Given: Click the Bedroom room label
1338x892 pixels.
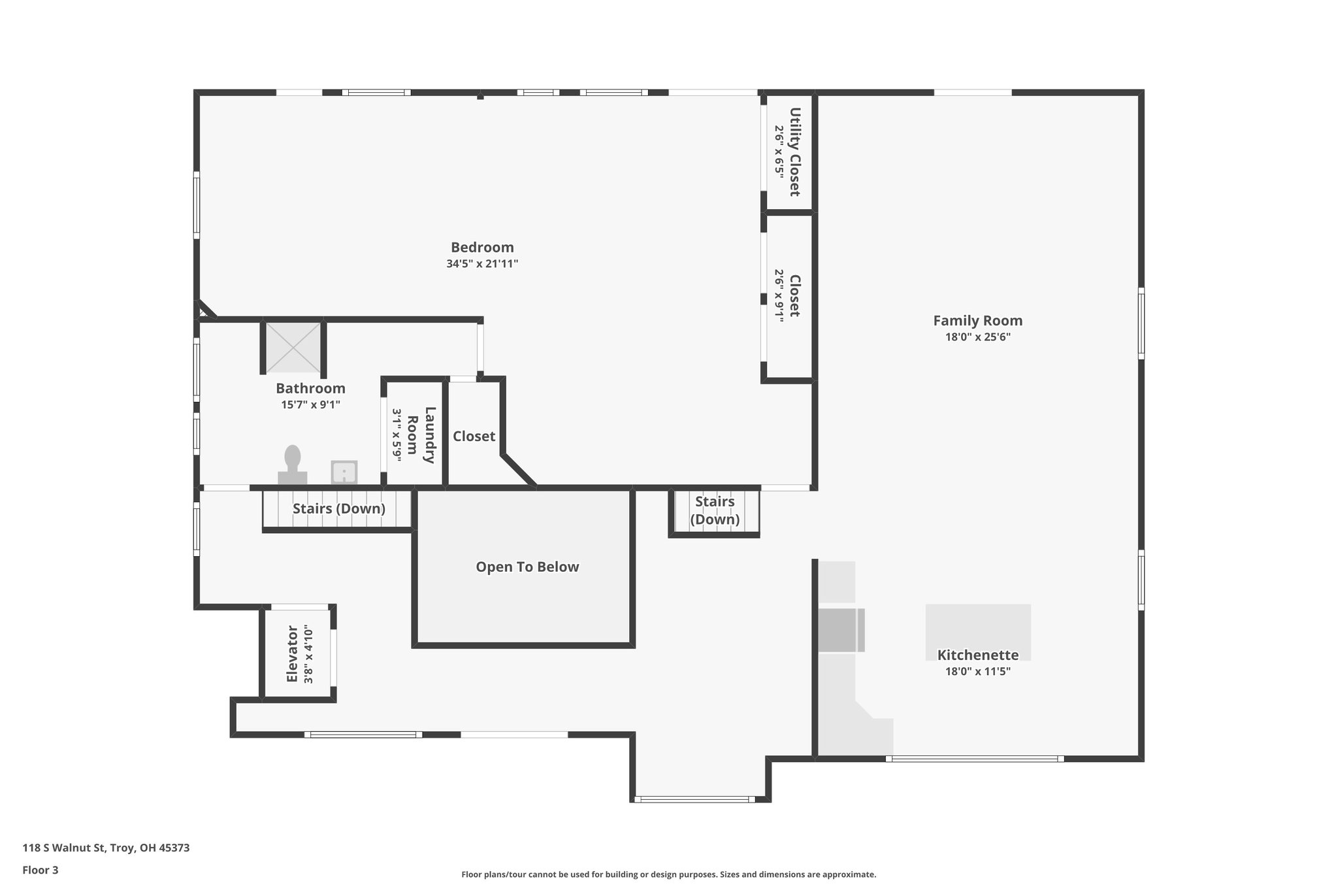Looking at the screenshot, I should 482,248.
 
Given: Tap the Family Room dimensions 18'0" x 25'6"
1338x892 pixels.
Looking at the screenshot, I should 977,337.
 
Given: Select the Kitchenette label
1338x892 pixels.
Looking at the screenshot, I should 977,655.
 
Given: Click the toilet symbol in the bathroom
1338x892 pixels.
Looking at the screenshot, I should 292,465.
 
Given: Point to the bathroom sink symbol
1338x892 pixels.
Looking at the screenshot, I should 344,472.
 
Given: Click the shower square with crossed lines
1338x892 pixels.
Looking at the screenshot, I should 293,348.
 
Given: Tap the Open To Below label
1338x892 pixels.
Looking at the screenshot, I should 527,567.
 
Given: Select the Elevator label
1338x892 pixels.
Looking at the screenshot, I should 292,654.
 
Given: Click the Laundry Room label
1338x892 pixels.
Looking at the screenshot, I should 421,435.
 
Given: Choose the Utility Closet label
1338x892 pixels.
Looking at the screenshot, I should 794,152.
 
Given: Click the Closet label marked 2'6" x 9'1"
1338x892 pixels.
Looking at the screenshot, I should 794,295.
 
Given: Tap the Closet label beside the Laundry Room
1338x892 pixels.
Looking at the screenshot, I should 474,437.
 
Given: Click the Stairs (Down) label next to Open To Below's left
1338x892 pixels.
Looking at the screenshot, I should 338,508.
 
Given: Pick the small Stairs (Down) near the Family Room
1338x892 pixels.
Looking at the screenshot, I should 715,510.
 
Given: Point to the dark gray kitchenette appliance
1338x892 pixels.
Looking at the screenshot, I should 840,630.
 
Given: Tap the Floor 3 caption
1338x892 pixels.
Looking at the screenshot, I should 41,870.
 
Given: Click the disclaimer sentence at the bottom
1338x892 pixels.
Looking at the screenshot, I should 668,874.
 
